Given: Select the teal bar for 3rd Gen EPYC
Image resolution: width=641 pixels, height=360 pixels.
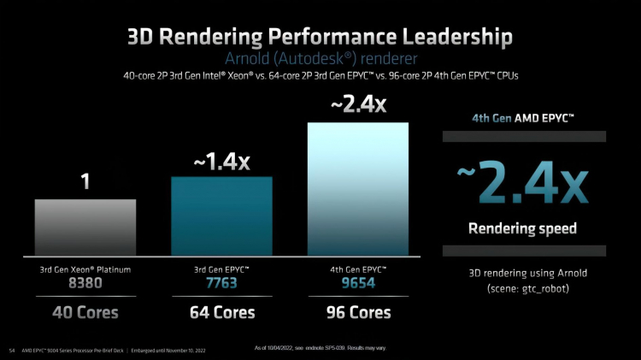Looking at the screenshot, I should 222,215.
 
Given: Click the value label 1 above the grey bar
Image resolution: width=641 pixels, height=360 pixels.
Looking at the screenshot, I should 85,182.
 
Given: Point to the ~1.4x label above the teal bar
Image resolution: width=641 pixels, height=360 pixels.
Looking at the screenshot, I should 221,162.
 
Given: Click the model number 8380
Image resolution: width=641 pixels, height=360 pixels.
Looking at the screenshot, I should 85,283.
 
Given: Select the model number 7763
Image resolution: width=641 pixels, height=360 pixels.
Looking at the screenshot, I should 222,283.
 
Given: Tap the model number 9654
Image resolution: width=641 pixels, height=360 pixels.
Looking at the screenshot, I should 358,283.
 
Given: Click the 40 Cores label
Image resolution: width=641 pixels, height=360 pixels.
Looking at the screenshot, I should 85,312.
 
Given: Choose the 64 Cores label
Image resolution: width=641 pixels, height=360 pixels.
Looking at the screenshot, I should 222,312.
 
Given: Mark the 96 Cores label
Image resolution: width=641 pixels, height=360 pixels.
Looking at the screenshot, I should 358,312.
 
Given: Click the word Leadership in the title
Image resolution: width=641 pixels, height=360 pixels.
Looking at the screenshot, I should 432,37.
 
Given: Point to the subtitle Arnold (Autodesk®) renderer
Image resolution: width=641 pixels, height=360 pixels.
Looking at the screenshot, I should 320,59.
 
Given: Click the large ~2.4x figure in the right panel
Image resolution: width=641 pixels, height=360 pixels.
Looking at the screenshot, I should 523,182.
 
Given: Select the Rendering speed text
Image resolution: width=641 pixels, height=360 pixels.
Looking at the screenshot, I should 523,228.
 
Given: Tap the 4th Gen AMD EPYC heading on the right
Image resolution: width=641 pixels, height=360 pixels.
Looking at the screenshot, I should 523,117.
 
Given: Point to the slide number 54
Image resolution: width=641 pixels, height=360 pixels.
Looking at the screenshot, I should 12,350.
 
